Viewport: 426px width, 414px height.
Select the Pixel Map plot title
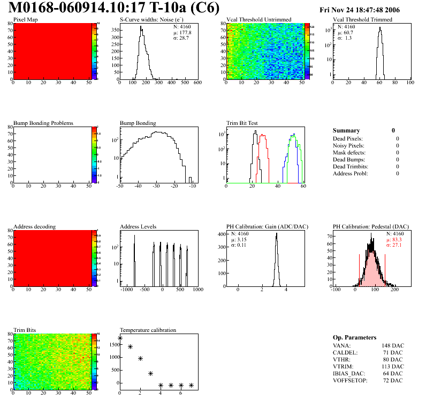(25, 20)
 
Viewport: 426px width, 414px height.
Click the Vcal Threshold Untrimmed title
(258, 20)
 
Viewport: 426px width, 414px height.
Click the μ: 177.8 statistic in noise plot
(182, 32)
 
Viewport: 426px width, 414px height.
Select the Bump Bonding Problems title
(43, 123)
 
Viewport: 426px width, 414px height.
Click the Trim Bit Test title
(242, 123)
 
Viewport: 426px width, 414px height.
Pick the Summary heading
(346, 130)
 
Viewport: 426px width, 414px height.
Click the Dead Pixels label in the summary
(348, 139)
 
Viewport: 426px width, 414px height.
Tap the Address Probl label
(351, 174)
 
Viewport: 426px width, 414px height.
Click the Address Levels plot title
(138, 227)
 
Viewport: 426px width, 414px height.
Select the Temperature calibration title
(148, 330)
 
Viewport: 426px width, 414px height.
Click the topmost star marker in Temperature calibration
(120, 338)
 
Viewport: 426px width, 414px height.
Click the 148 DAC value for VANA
(393, 346)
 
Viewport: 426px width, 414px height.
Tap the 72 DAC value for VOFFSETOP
(394, 380)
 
